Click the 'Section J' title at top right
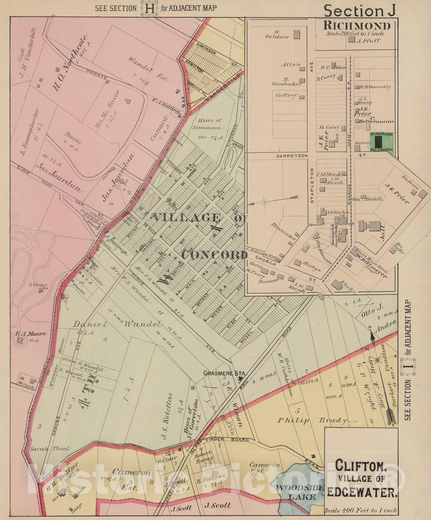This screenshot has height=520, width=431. click(x=360, y=11)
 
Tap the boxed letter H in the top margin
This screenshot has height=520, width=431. click(x=149, y=8)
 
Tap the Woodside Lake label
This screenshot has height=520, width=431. click(x=300, y=492)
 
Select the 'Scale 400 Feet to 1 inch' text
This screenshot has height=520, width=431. click(x=360, y=511)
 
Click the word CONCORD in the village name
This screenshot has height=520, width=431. click(x=215, y=255)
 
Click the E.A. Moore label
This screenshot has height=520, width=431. click(x=31, y=333)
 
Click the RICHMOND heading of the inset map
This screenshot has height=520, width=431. click(x=357, y=25)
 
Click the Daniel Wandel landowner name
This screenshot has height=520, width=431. click(x=117, y=324)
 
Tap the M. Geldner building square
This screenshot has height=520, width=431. click(x=296, y=34)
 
